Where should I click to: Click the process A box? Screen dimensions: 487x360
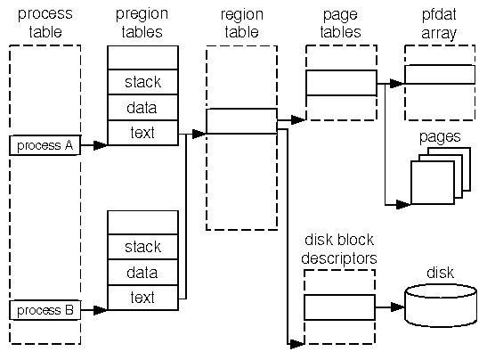pos(45,145)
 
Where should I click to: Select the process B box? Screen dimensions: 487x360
pos(45,310)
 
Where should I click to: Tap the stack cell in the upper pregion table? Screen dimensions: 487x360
pos(142,82)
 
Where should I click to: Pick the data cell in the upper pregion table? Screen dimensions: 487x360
pos(142,108)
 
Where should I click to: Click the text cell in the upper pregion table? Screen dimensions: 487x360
pos(142,133)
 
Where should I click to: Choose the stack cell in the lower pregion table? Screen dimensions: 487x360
pos(142,247)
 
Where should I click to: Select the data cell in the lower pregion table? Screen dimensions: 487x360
pos(142,273)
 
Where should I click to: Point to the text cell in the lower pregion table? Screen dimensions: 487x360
pos(142,298)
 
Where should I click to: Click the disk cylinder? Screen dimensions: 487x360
pos(441,306)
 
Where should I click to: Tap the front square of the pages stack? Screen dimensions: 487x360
pos(433,183)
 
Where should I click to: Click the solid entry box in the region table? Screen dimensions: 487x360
pos(241,121)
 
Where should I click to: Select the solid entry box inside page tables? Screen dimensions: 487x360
pos(341,83)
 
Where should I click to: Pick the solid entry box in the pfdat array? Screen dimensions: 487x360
pos(440,74)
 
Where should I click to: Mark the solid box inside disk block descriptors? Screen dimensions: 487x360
pos(339,307)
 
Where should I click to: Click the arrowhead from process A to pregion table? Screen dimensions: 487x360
pos(101,145)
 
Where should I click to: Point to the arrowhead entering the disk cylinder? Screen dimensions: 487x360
pos(398,307)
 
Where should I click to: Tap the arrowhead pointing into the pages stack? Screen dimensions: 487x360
pos(403,205)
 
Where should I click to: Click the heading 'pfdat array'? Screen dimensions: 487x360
pos(439,23)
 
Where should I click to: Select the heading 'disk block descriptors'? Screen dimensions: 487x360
pos(339,249)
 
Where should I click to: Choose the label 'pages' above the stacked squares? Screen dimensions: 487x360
pos(440,137)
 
